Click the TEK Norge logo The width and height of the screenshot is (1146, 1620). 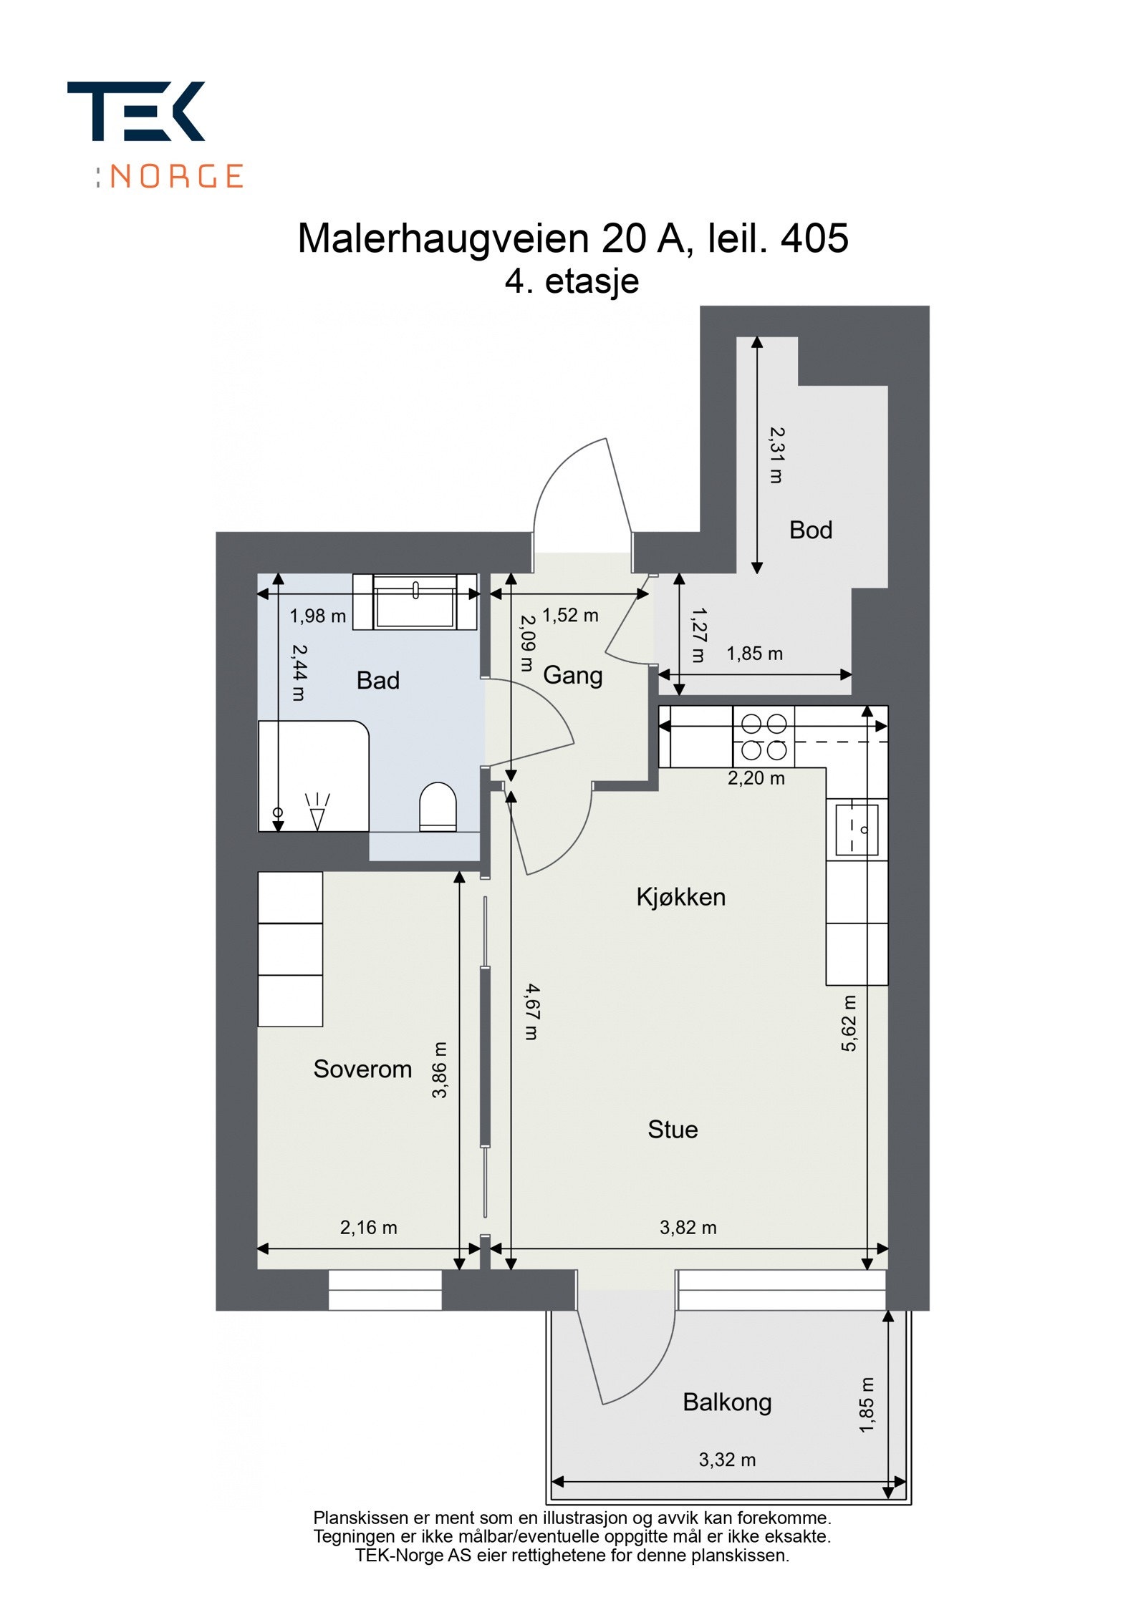[154, 134]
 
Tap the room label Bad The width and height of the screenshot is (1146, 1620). [377, 680]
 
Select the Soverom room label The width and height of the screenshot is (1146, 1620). [362, 1069]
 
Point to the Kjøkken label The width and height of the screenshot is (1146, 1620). [680, 897]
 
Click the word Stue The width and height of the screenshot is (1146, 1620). [672, 1129]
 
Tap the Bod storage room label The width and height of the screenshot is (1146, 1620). [810, 530]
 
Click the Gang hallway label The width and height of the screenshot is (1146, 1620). [572, 675]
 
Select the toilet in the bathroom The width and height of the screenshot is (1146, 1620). [437, 807]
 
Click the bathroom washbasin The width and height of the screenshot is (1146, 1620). [415, 601]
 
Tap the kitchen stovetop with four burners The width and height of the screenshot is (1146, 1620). [764, 737]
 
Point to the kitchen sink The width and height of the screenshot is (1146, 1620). [856, 829]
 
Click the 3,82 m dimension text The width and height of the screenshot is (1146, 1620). [688, 1227]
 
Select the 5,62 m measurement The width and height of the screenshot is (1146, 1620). [849, 1023]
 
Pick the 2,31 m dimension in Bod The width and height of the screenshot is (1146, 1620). [776, 455]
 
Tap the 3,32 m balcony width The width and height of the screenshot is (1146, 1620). [727, 1460]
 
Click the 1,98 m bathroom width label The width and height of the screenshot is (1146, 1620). [317, 616]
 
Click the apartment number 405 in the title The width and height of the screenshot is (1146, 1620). [814, 238]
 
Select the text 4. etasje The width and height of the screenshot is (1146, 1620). [572, 281]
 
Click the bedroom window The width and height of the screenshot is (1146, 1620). [385, 1290]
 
